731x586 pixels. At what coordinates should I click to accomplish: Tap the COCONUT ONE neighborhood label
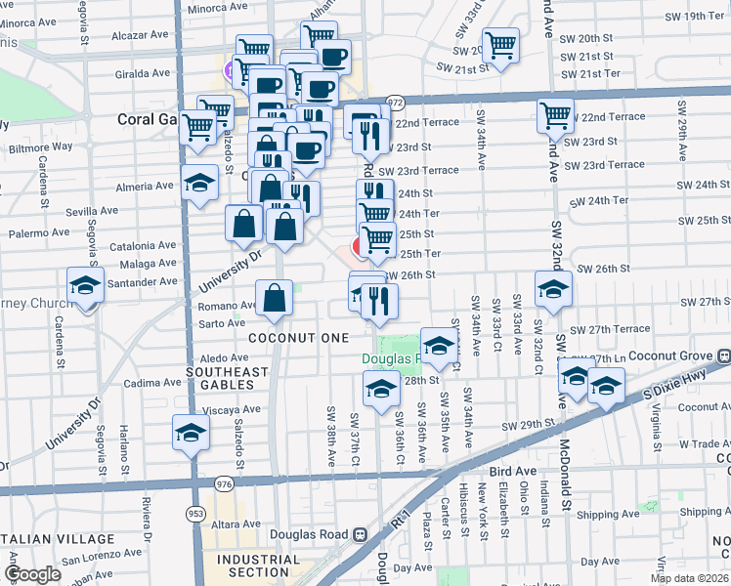pos(298,337)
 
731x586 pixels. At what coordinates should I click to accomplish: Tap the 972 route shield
pos(395,101)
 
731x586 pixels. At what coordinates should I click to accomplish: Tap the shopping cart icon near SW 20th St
pos(500,45)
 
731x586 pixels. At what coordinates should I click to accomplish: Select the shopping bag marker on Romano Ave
pos(276,298)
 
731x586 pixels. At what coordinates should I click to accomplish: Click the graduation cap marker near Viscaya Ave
pos(191,432)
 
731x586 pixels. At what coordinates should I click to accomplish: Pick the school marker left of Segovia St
pos(86,286)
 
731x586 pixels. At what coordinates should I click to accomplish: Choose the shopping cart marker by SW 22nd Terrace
pos(556,115)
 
